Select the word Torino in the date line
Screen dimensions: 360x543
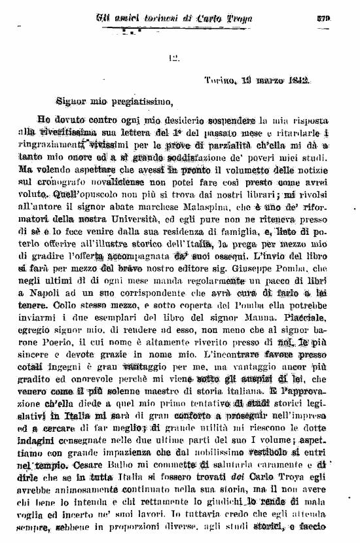coord(219,80)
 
